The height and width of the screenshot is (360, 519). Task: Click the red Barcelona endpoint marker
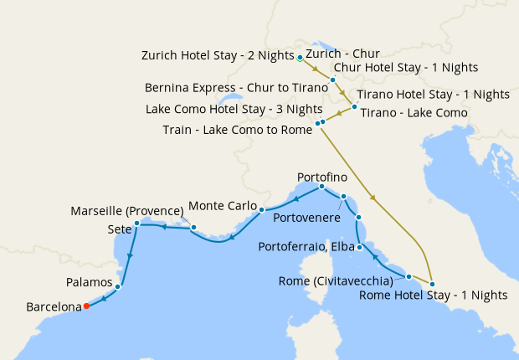(x=85, y=306)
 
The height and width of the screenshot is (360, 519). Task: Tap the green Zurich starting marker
(x=300, y=58)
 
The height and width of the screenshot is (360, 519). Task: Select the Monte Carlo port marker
(x=262, y=209)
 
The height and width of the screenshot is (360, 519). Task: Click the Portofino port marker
(x=321, y=187)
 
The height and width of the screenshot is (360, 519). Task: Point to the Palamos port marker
(x=117, y=286)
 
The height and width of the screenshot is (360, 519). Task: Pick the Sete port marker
(x=136, y=224)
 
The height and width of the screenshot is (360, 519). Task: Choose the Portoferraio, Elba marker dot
(x=359, y=247)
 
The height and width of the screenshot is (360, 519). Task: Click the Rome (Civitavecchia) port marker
(x=409, y=276)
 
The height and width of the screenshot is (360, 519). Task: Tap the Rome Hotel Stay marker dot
(x=432, y=284)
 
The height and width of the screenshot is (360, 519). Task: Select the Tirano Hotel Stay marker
(x=354, y=106)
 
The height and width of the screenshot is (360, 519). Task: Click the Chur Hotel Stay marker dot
(x=332, y=80)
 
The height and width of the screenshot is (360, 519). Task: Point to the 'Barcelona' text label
(x=53, y=306)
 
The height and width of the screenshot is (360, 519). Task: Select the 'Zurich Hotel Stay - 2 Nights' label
(x=219, y=56)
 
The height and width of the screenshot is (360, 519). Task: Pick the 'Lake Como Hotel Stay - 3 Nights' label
(x=234, y=109)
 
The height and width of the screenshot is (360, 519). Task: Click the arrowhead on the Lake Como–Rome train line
(x=373, y=198)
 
